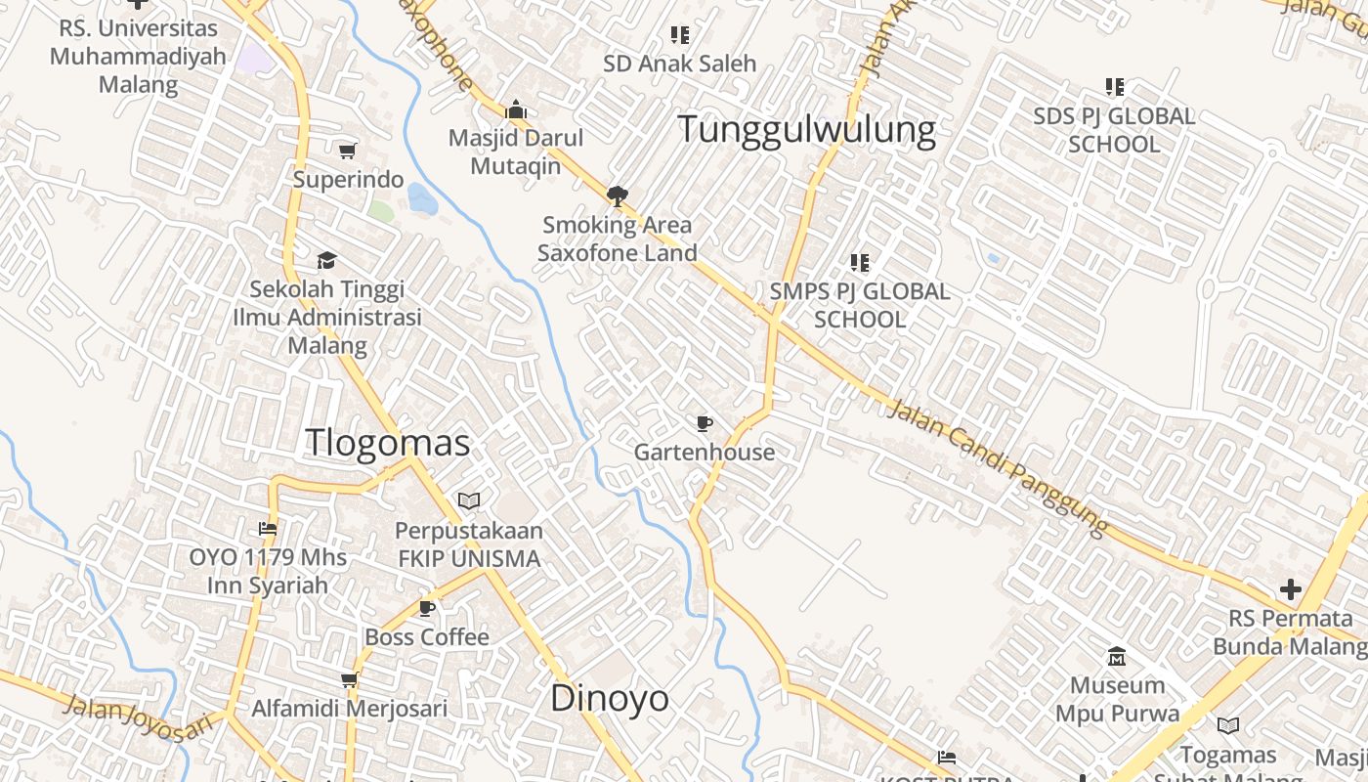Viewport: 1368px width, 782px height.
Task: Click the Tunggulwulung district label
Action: [806, 129]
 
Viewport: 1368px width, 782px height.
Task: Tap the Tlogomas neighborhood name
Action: [388, 443]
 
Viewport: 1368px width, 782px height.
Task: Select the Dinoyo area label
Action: [610, 698]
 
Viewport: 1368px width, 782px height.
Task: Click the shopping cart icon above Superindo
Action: [347, 151]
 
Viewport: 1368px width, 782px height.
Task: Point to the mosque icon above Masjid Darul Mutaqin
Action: [516, 109]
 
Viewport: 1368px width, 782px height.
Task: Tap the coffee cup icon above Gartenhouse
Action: [704, 423]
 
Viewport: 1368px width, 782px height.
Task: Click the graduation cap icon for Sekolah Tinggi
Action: [326, 260]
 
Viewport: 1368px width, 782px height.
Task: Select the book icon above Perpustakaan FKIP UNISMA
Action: [469, 501]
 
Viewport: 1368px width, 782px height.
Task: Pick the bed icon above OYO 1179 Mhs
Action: [268, 529]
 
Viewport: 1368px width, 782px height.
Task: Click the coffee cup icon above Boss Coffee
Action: [426, 608]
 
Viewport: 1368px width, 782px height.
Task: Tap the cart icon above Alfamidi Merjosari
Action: [349, 679]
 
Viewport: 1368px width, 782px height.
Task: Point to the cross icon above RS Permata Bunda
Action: [1291, 589]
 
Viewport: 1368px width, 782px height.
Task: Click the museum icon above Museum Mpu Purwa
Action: [1117, 656]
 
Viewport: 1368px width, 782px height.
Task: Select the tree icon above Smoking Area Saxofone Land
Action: [617, 195]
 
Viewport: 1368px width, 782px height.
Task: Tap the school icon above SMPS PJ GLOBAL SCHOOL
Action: [860, 262]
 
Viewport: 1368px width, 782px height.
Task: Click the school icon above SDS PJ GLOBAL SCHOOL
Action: [1114, 87]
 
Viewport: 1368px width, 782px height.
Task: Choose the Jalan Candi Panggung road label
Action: [999, 467]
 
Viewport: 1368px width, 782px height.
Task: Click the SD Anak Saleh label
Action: [680, 64]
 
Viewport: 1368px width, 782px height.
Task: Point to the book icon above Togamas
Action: [1228, 725]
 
